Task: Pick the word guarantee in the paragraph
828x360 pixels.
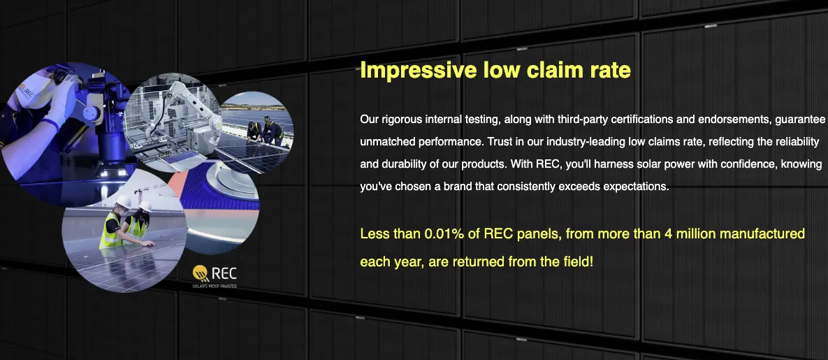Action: (x=799, y=120)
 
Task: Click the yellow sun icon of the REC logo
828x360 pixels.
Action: (x=201, y=273)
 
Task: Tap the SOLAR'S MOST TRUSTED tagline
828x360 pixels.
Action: (x=215, y=287)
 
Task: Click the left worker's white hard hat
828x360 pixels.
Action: (x=124, y=201)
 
